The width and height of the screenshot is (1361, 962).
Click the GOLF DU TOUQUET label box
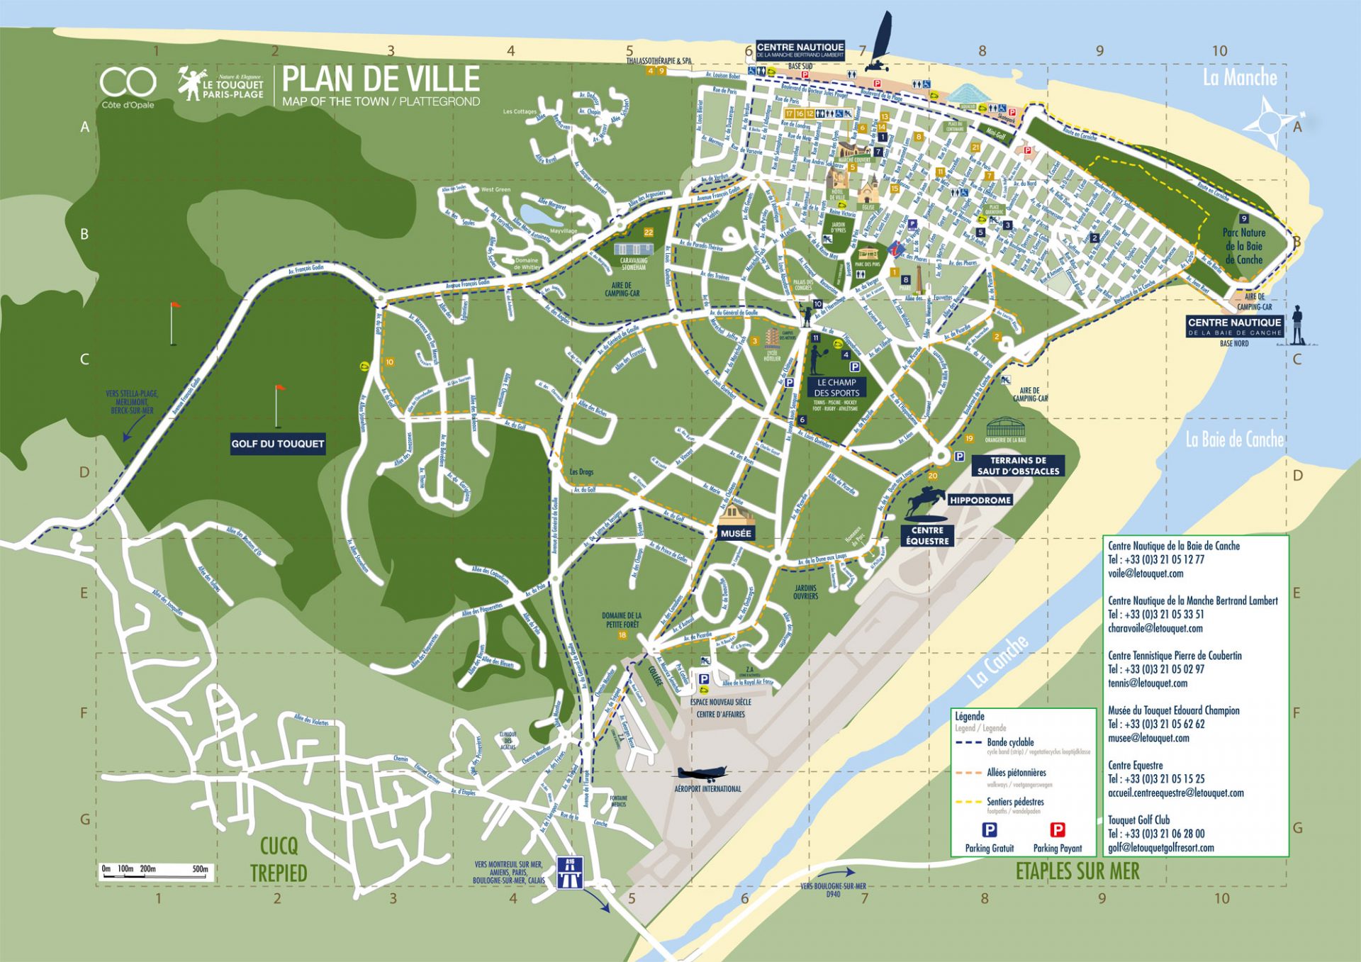point(277,444)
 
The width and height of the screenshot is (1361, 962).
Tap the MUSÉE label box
point(735,533)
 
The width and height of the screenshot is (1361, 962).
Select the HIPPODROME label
point(980,500)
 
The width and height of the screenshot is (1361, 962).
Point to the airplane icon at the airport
point(702,773)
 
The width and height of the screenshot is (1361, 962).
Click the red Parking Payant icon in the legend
point(1057,830)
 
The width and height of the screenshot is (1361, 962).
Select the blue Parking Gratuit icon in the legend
point(989,830)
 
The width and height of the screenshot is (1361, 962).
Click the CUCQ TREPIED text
point(279,859)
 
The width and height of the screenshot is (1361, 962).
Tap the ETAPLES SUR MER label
point(1077,871)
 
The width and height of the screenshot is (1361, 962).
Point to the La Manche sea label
point(1239,77)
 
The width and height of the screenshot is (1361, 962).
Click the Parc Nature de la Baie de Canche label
point(1243,245)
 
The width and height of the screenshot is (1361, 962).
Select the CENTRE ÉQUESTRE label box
point(927,535)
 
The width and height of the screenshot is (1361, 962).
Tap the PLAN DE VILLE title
point(381,79)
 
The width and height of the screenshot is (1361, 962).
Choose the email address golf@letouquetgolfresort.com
point(1160,847)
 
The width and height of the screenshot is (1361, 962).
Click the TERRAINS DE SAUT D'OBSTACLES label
point(1018,466)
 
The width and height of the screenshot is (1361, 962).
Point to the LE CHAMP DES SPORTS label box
point(836,387)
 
